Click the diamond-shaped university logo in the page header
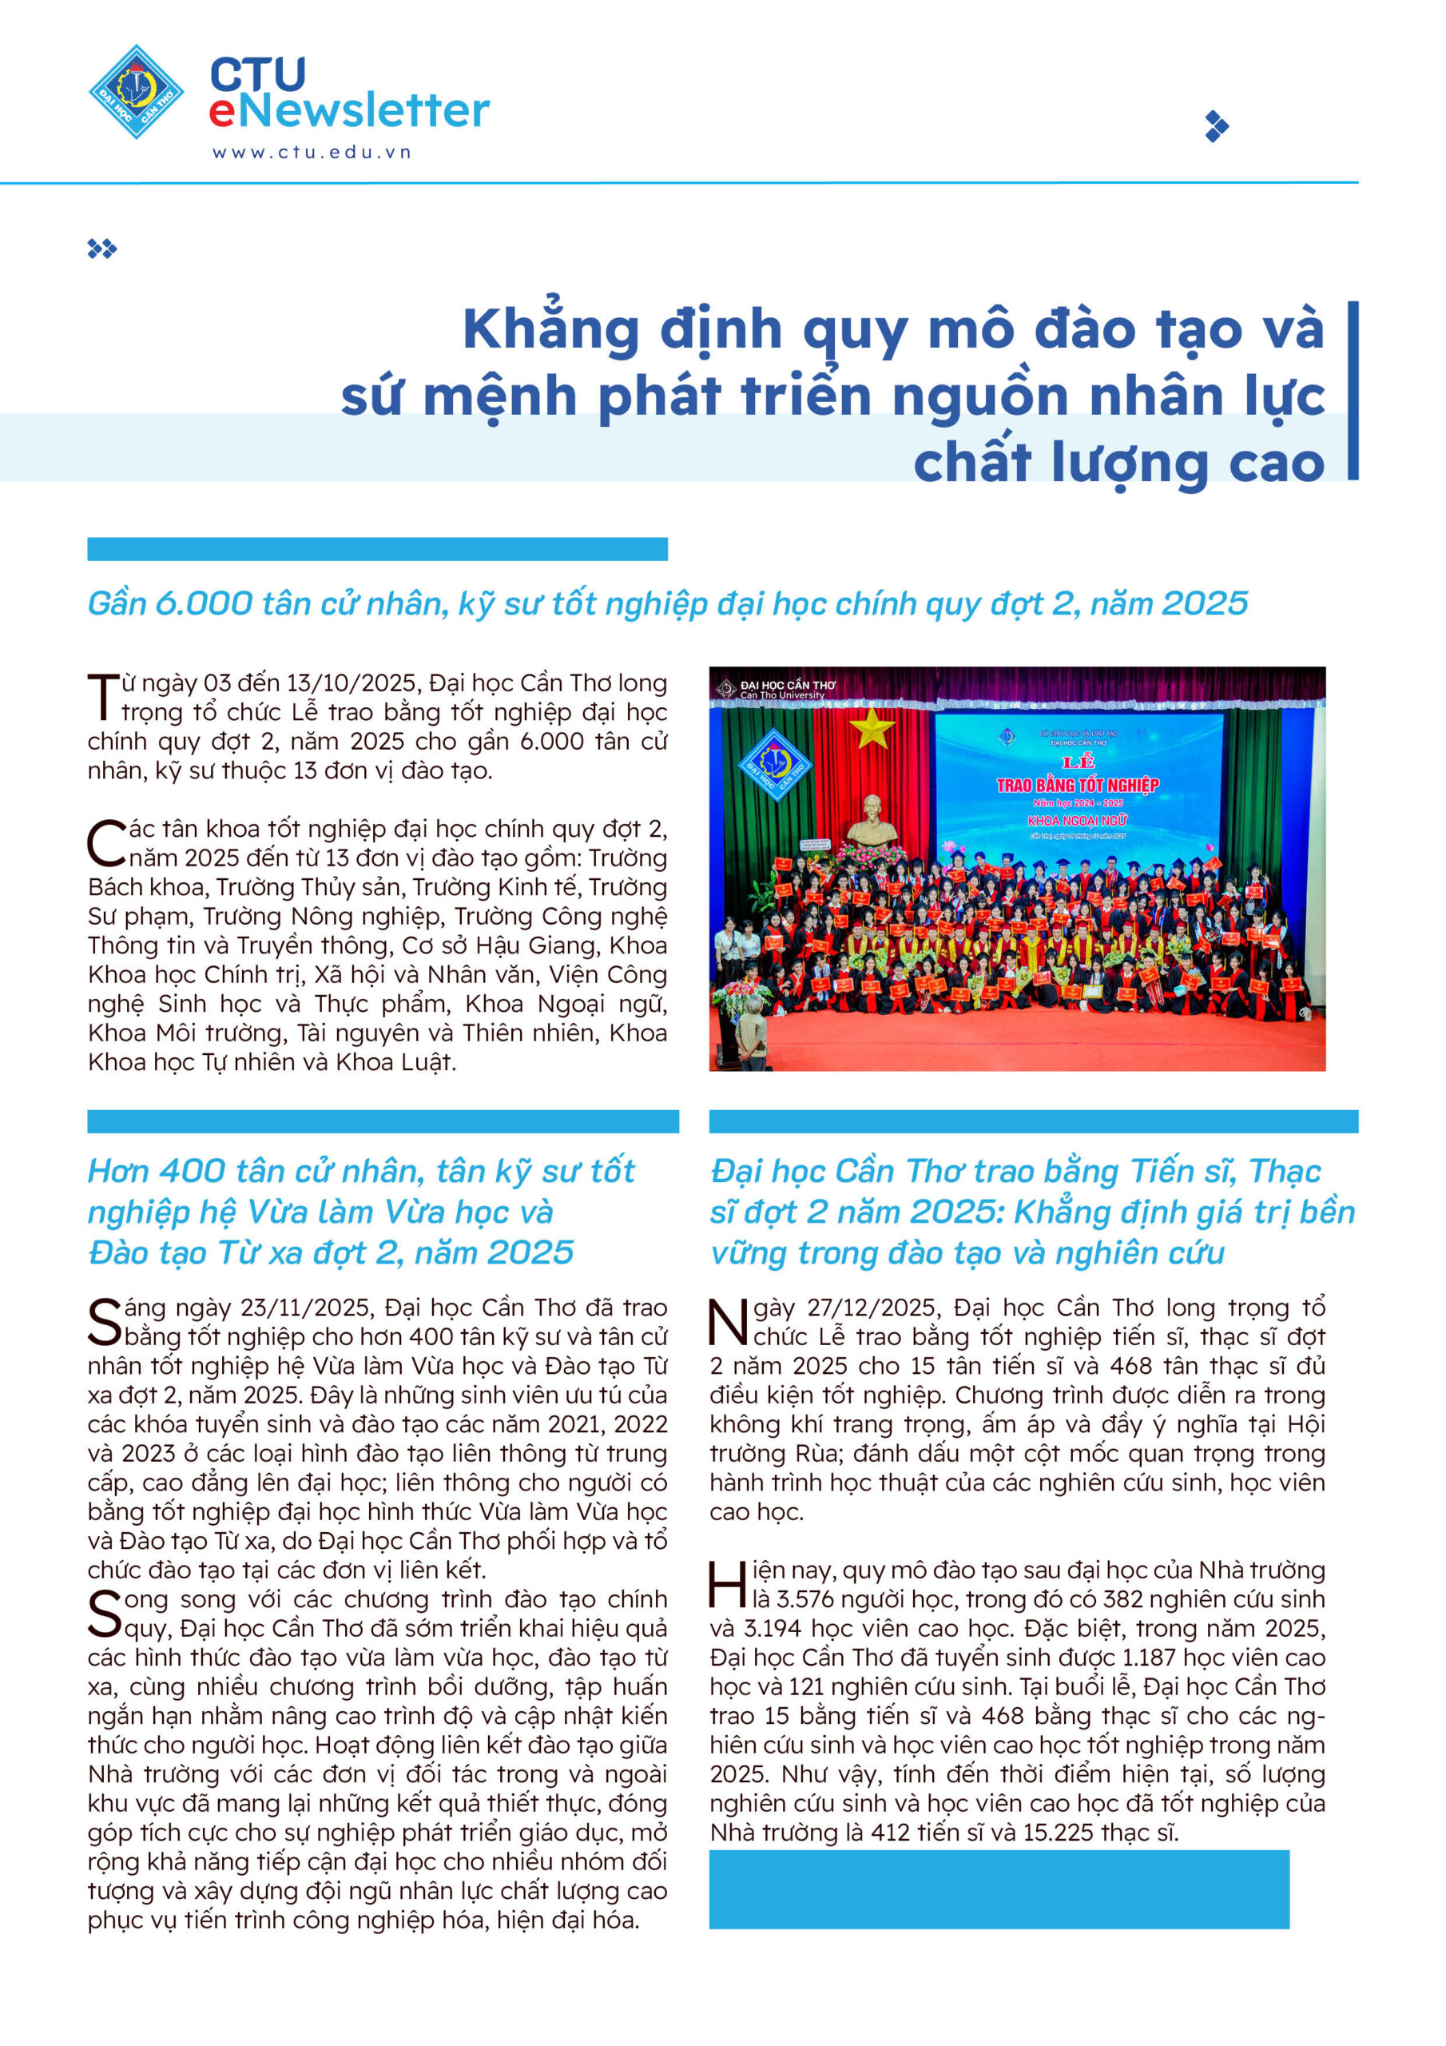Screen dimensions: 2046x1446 pos(137,92)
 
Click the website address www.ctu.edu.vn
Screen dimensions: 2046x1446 pos(311,153)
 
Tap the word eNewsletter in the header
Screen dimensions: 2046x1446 pos(349,111)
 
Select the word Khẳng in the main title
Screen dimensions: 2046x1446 pos(550,331)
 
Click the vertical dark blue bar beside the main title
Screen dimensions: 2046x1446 pos(1353,390)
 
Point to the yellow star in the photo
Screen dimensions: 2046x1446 pos(872,728)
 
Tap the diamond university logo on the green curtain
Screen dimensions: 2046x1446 pos(775,764)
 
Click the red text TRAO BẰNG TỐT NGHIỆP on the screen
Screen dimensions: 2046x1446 pos(1077,785)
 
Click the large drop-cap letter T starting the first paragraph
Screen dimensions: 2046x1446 pos(102,698)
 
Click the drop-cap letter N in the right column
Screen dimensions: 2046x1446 pos(729,1323)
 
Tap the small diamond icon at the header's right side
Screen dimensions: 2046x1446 pos(1216,126)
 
